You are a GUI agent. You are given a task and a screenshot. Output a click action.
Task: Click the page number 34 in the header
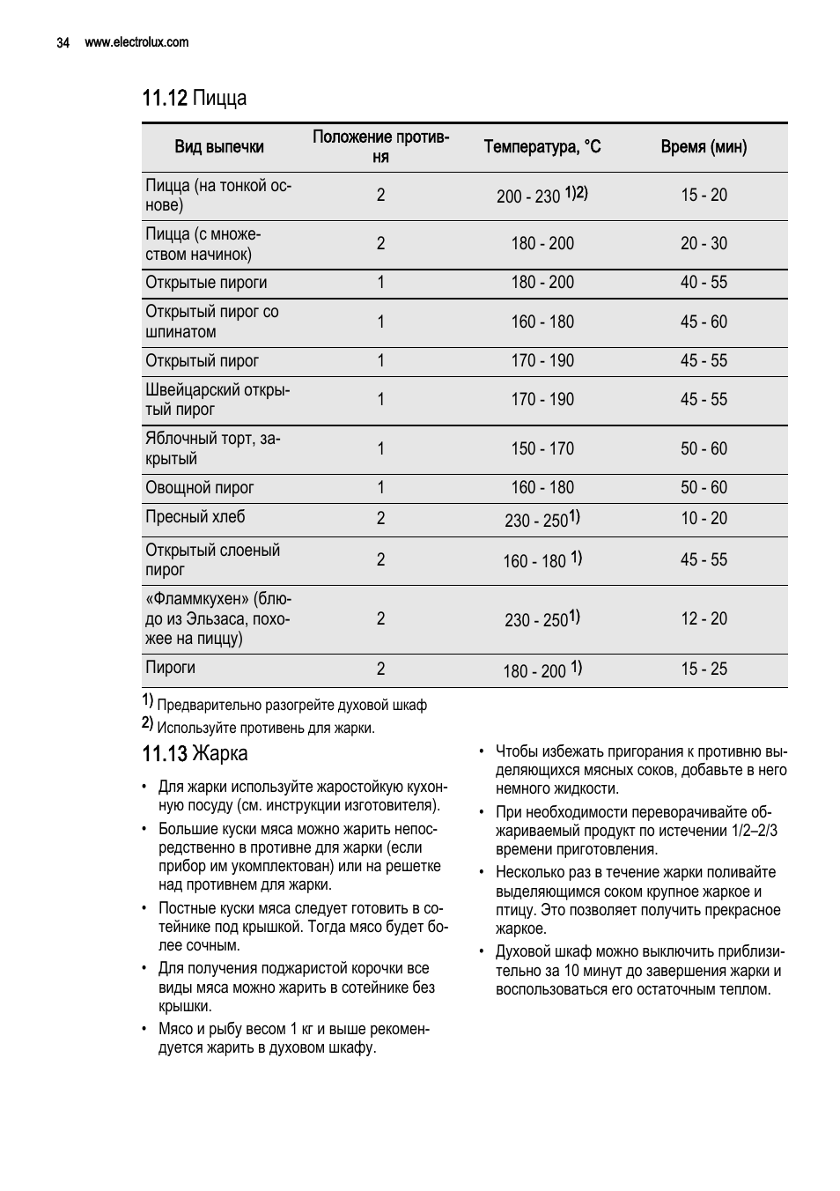click(x=63, y=42)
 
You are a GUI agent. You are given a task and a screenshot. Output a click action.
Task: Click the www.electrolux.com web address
click(x=136, y=42)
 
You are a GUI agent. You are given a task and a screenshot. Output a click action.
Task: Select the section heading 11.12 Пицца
click(x=195, y=98)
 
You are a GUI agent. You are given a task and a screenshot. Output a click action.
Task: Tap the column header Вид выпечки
click(x=219, y=147)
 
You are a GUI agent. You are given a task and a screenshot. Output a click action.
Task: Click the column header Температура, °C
click(x=542, y=147)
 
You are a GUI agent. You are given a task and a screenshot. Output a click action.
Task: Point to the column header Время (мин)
click(x=704, y=147)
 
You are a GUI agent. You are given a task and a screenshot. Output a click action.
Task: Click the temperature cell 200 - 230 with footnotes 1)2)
click(x=542, y=196)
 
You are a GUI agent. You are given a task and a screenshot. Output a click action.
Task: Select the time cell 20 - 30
click(x=704, y=244)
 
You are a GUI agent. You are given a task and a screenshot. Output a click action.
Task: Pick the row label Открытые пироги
click(x=206, y=283)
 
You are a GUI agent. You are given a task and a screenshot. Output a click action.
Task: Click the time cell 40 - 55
click(x=704, y=283)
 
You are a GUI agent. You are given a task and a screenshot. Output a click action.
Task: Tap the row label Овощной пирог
click(x=200, y=488)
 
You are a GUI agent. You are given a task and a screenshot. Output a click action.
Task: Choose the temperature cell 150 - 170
click(x=542, y=449)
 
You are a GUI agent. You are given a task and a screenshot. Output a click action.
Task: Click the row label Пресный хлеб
click(x=195, y=517)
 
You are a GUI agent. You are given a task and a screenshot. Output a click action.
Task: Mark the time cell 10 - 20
click(x=704, y=519)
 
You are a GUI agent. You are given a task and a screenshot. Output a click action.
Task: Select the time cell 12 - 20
click(x=704, y=619)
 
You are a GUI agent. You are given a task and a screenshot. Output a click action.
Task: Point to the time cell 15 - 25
click(x=704, y=669)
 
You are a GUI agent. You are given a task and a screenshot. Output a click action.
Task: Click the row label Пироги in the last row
click(x=171, y=668)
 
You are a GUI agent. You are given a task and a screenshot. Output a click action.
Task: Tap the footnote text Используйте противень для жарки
click(x=265, y=729)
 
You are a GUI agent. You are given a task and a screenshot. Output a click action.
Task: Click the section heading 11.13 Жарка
click(x=195, y=754)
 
